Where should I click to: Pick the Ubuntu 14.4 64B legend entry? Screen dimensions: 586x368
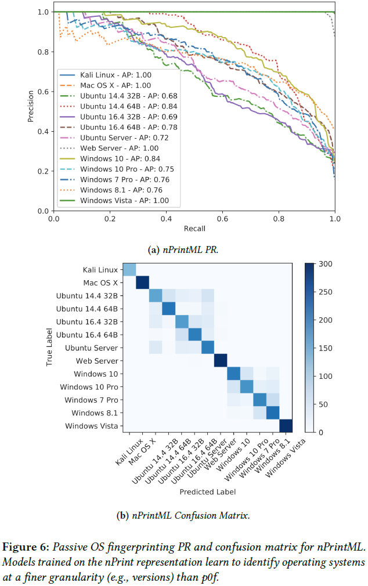click(x=127, y=106)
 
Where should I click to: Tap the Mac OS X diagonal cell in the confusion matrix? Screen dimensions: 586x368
click(x=142, y=283)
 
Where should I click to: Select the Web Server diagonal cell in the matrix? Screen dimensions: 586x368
click(x=221, y=360)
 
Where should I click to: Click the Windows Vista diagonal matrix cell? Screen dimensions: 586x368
click(x=286, y=426)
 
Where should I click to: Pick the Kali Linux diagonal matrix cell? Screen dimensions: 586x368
click(x=129, y=270)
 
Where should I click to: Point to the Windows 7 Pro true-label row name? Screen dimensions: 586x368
click(x=91, y=400)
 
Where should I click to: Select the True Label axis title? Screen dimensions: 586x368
click(x=51, y=348)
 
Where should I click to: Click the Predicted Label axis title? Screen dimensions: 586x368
click(x=207, y=491)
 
